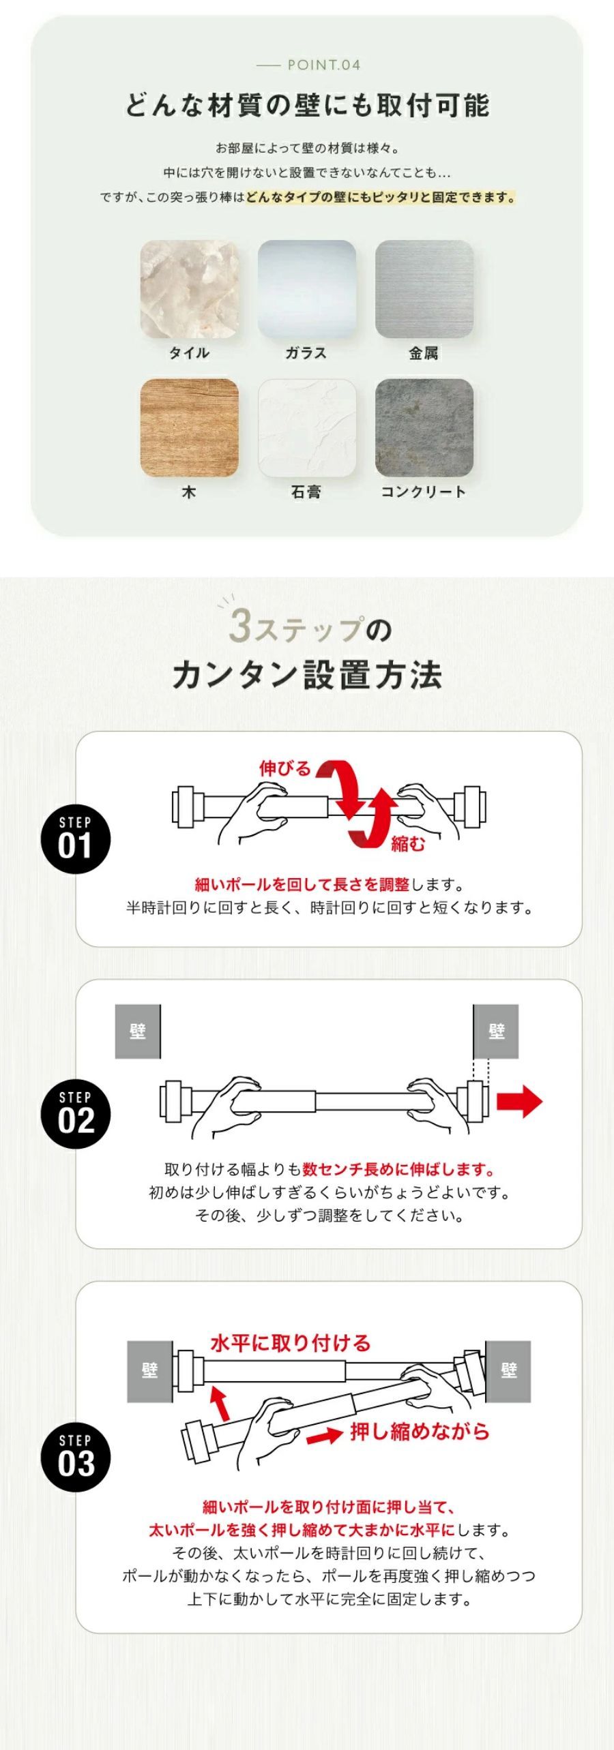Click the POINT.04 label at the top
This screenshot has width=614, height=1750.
click(323, 65)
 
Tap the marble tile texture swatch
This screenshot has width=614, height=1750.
click(190, 289)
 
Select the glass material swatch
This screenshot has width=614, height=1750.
click(307, 289)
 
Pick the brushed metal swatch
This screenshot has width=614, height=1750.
click(424, 289)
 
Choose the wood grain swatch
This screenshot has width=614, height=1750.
click(190, 428)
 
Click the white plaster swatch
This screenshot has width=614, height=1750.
click(307, 428)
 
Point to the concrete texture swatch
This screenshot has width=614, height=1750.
click(424, 428)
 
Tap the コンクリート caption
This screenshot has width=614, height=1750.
click(424, 492)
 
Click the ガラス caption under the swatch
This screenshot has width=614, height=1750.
click(306, 352)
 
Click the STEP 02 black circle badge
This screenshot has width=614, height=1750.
click(76, 1113)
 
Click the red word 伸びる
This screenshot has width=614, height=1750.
click(284, 768)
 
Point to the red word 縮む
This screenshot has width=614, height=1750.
click(408, 844)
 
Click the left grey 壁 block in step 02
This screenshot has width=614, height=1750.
click(138, 1031)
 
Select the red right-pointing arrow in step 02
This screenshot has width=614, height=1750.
click(519, 1102)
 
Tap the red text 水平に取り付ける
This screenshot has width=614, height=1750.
click(291, 1343)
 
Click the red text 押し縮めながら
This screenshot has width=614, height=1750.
click(420, 1432)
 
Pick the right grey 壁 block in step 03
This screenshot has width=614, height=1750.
click(508, 1370)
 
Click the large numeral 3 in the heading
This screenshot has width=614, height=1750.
click(241, 626)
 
